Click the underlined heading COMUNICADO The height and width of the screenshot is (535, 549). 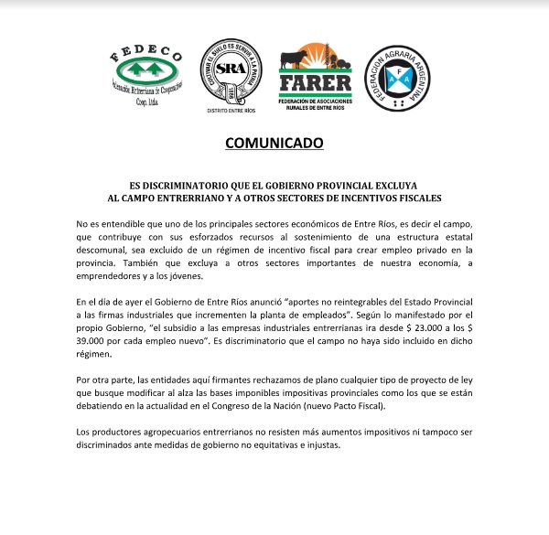click(x=274, y=144)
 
